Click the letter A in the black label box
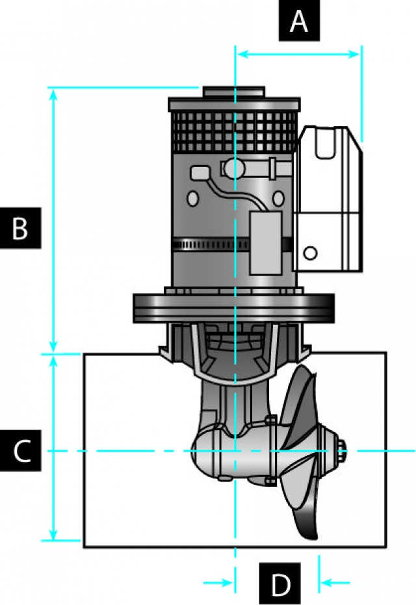[x=299, y=21]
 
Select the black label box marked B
[x=20, y=228]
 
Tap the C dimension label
[x=20, y=450]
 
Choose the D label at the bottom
[x=279, y=584]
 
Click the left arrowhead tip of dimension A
[x=237, y=54]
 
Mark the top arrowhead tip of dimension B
[x=54, y=90]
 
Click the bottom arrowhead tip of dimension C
[x=54, y=539]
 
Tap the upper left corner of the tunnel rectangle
[x=84, y=354]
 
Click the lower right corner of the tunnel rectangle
[x=386, y=547]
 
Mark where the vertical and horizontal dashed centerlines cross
[x=235, y=450]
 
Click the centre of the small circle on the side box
[x=310, y=253]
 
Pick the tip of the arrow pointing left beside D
[x=321, y=583]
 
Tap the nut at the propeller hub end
[x=342, y=450]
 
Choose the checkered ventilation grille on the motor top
[x=235, y=132]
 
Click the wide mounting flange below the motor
[x=234, y=308]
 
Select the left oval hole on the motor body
[x=192, y=198]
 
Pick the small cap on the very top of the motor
[x=234, y=92]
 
